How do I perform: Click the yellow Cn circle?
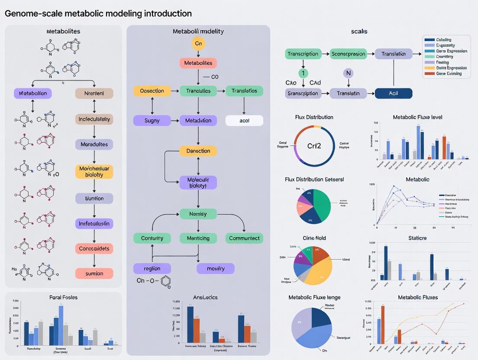tap(198, 44)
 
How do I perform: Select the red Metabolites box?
tap(198, 63)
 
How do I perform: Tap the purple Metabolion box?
tap(33, 93)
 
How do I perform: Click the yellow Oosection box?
tap(152, 91)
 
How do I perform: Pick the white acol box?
tap(244, 120)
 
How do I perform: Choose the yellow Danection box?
tap(198, 151)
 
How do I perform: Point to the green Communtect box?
tap(244, 238)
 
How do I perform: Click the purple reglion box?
tap(152, 268)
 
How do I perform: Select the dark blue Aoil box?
tap(394, 93)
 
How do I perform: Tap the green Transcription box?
tap(304, 54)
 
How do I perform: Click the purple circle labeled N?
tap(349, 73)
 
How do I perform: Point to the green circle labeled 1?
tap(304, 73)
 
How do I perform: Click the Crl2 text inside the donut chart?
tap(314, 146)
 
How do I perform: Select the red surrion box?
tap(94, 273)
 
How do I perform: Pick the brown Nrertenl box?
tap(94, 93)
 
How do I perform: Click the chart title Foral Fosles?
tap(64, 297)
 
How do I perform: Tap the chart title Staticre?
tap(417, 238)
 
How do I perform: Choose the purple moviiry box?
tap(216, 268)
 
